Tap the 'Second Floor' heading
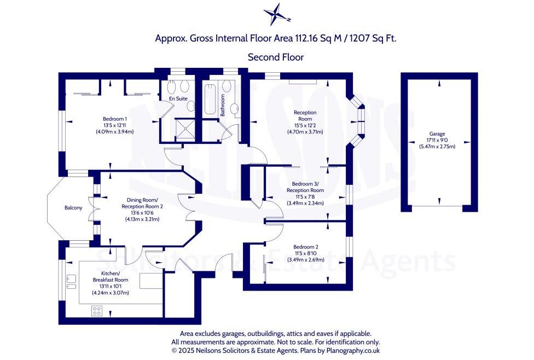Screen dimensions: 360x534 [x=275, y=57]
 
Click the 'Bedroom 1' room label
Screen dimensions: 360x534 [x=115, y=119]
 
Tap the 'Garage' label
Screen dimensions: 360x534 [x=437, y=134]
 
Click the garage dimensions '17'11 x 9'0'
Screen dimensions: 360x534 [x=437, y=141]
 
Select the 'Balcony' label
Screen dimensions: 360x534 [x=73, y=208]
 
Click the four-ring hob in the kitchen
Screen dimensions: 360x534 [x=97, y=310]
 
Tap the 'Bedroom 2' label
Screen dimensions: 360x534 [x=305, y=247]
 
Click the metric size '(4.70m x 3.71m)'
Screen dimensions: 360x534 [x=305, y=132]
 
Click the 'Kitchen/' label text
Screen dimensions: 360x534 [x=111, y=273]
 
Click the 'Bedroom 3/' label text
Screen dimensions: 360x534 [x=305, y=183]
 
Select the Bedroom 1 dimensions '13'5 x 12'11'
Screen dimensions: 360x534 [x=115, y=125]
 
